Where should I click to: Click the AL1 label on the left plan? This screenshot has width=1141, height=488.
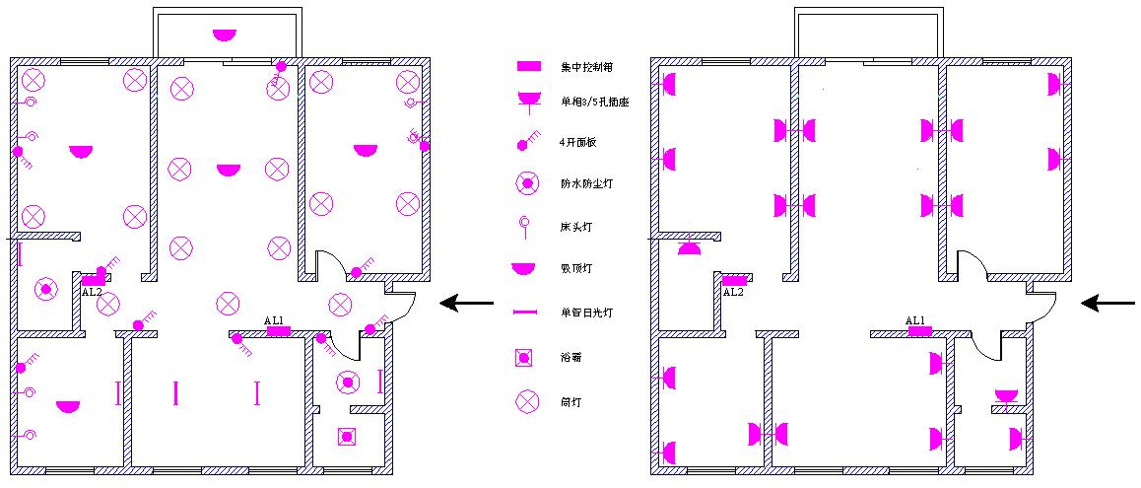(274, 320)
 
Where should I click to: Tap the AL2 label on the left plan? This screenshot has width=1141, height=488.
(92, 292)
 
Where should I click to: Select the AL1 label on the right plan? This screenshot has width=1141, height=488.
(915, 320)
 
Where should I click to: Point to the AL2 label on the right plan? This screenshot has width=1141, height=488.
(733, 292)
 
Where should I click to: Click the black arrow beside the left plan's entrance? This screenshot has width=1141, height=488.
(466, 303)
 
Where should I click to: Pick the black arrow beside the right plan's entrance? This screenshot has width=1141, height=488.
(1108, 303)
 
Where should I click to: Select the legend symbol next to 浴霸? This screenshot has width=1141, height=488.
(527, 357)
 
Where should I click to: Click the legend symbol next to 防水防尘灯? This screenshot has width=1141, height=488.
(527, 183)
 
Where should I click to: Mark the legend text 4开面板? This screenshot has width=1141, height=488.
(578, 143)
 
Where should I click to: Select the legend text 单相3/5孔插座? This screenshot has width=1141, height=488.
(595, 102)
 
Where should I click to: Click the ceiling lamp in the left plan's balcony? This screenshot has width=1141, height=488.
(225, 35)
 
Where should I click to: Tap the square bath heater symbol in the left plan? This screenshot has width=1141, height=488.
(347, 436)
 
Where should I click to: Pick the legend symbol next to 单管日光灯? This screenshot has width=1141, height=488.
(527, 313)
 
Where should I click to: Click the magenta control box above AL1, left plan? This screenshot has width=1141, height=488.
(279, 331)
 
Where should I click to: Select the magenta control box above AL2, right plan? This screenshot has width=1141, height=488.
(734, 281)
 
